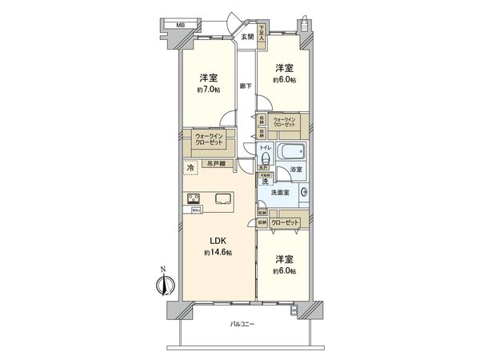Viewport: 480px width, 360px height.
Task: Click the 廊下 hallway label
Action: coord(246,86)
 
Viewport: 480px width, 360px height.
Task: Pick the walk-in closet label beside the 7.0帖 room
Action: coord(209,142)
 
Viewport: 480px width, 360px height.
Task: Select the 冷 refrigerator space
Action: coord(190,168)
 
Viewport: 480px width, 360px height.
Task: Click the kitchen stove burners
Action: coord(193,199)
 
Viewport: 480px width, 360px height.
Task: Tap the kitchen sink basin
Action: coord(222,200)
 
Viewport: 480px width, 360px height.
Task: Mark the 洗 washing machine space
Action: coord(265,182)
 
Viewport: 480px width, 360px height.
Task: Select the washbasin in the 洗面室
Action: coord(304,193)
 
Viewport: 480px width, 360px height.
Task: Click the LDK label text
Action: coord(217,239)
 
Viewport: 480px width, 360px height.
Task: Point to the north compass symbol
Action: coord(167,283)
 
